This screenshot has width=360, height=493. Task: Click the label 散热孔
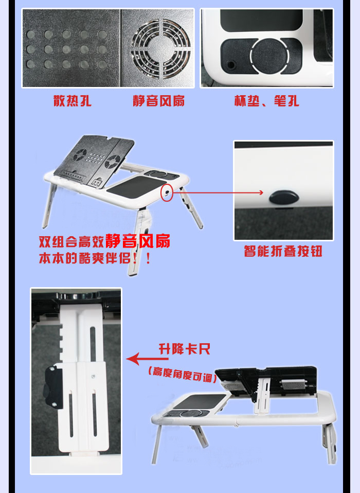pos(72,101)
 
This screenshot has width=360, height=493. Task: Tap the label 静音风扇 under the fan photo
pos(158,101)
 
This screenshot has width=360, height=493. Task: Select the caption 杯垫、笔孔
pos(266,101)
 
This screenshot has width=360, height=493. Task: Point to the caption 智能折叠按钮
pos(283,251)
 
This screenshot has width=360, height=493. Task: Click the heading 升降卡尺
pos(185,349)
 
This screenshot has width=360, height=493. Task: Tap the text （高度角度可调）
pos(182,374)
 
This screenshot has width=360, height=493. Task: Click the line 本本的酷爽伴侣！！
pos(95,258)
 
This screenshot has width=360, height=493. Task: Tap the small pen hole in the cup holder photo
pos(231,65)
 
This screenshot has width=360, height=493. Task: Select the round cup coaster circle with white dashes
pos(269,56)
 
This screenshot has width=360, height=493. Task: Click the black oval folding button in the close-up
pos(284,197)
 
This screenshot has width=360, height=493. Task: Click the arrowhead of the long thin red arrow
pos(261,192)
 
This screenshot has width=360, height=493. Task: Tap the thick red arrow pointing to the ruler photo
pos(147,359)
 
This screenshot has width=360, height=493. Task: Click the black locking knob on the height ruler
pos(53,388)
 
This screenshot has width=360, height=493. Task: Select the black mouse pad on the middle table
pos(136,187)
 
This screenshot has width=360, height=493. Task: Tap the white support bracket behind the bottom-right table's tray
pos(262,396)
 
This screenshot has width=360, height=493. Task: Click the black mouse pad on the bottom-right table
pos(200,401)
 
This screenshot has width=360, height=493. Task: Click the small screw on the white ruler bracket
pos(93,376)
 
